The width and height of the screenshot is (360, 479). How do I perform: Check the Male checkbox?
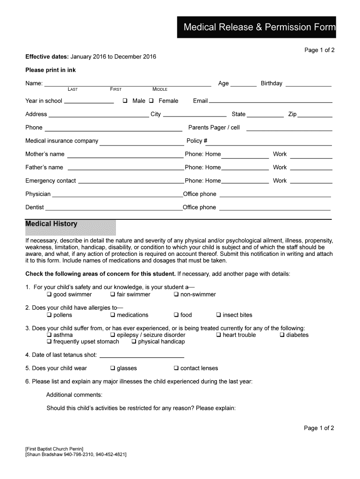(x=125, y=101)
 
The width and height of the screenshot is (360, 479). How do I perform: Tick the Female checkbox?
(x=151, y=101)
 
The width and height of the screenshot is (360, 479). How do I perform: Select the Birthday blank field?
(x=308, y=86)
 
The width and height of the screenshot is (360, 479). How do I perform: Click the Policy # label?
(x=196, y=141)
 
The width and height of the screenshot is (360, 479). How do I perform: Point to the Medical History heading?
(x=51, y=224)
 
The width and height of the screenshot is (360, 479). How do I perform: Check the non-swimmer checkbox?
(x=177, y=295)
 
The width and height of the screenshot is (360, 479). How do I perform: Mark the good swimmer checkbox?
(x=49, y=295)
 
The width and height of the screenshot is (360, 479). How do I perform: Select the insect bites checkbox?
(x=219, y=315)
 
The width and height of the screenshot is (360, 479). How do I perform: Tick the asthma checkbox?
(x=49, y=335)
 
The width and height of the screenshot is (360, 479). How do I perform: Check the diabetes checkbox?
(x=282, y=335)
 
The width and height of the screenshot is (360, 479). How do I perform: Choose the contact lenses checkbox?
(x=177, y=369)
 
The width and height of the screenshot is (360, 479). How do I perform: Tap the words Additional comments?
(x=74, y=395)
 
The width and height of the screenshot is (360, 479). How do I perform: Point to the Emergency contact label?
(x=50, y=181)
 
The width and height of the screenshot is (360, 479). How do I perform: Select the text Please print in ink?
(x=50, y=70)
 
